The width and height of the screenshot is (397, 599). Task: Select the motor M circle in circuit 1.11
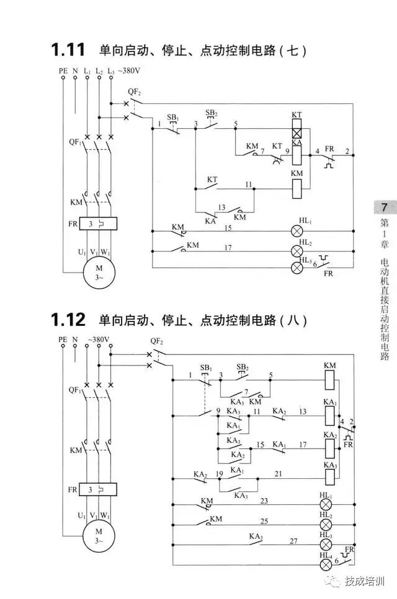tap(97, 273)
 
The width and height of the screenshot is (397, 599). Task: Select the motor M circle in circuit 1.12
tap(97, 536)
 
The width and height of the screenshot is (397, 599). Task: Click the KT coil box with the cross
tap(297, 132)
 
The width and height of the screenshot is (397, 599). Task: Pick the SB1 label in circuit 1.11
tap(173, 117)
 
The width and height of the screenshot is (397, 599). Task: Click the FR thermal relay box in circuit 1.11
tap(97, 223)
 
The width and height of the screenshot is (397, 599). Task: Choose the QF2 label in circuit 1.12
tap(156, 341)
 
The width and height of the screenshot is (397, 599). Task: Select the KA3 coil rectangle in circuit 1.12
tap(329, 475)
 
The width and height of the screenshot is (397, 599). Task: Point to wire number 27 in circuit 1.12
tap(293, 540)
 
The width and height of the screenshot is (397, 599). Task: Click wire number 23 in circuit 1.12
tap(264, 501)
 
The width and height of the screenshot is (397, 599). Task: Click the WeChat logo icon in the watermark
tap(335, 581)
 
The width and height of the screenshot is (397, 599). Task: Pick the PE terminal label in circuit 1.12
tap(63, 339)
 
